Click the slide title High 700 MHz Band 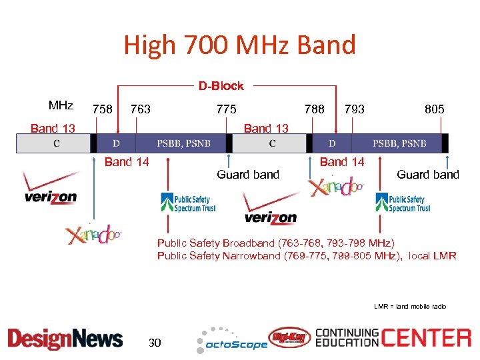click(240, 45)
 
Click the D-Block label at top click(221, 86)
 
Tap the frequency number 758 click(102, 109)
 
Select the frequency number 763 click(141, 109)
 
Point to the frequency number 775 click(227, 109)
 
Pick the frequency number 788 click(314, 109)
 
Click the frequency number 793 click(354, 109)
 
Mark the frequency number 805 click(434, 109)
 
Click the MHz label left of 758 click(61, 106)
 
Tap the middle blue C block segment click(272, 143)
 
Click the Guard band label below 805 click(427, 175)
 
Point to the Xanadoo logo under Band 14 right click(336, 187)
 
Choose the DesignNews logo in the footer click(65, 339)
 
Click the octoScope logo click(231, 341)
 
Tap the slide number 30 click(155, 343)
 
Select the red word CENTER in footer click(426, 337)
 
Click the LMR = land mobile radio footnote click(410, 306)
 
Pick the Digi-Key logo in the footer click(289, 337)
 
